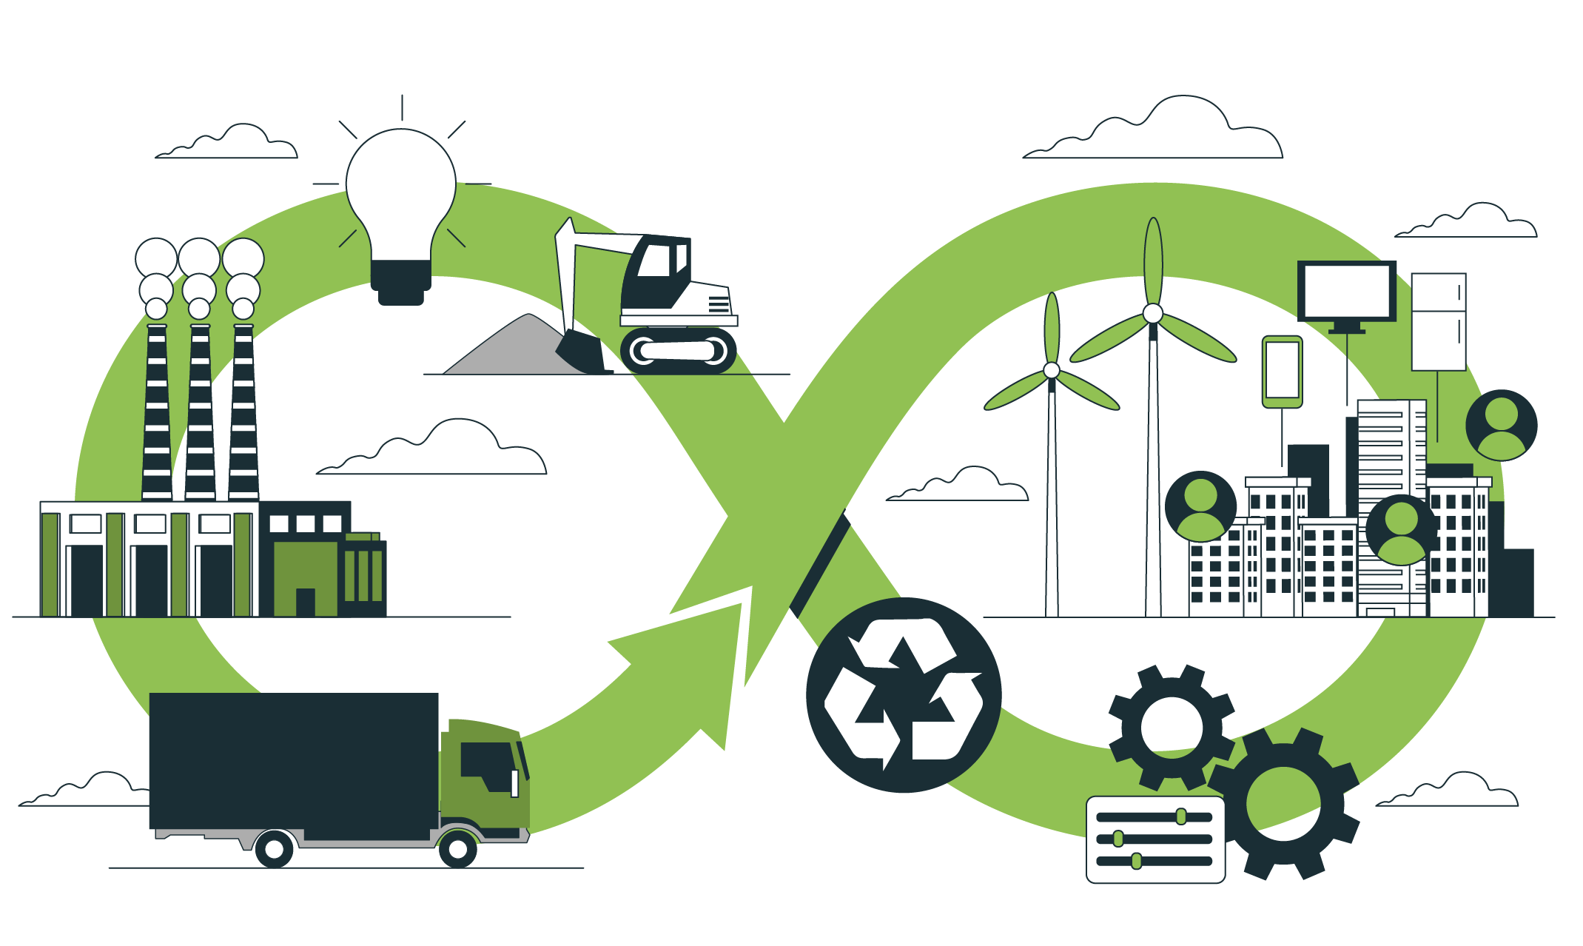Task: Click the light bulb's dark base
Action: [x=400, y=281]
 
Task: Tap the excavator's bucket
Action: [x=581, y=352]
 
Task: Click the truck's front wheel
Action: [x=458, y=850]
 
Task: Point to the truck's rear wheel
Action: [x=274, y=850]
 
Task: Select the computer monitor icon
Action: [x=1346, y=292]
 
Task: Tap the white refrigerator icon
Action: [x=1438, y=322]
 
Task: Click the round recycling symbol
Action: [x=904, y=695]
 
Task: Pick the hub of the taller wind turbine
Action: [x=1152, y=314]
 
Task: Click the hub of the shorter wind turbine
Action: [x=1052, y=370]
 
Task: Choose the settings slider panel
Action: [x=1155, y=839]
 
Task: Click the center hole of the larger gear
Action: [x=1283, y=804]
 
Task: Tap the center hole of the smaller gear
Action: [x=1172, y=726]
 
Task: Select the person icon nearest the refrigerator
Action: [x=1501, y=425]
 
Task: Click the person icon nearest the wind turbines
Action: [x=1200, y=506]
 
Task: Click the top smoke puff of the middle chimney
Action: [x=199, y=258]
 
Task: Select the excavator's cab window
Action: [x=655, y=261]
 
